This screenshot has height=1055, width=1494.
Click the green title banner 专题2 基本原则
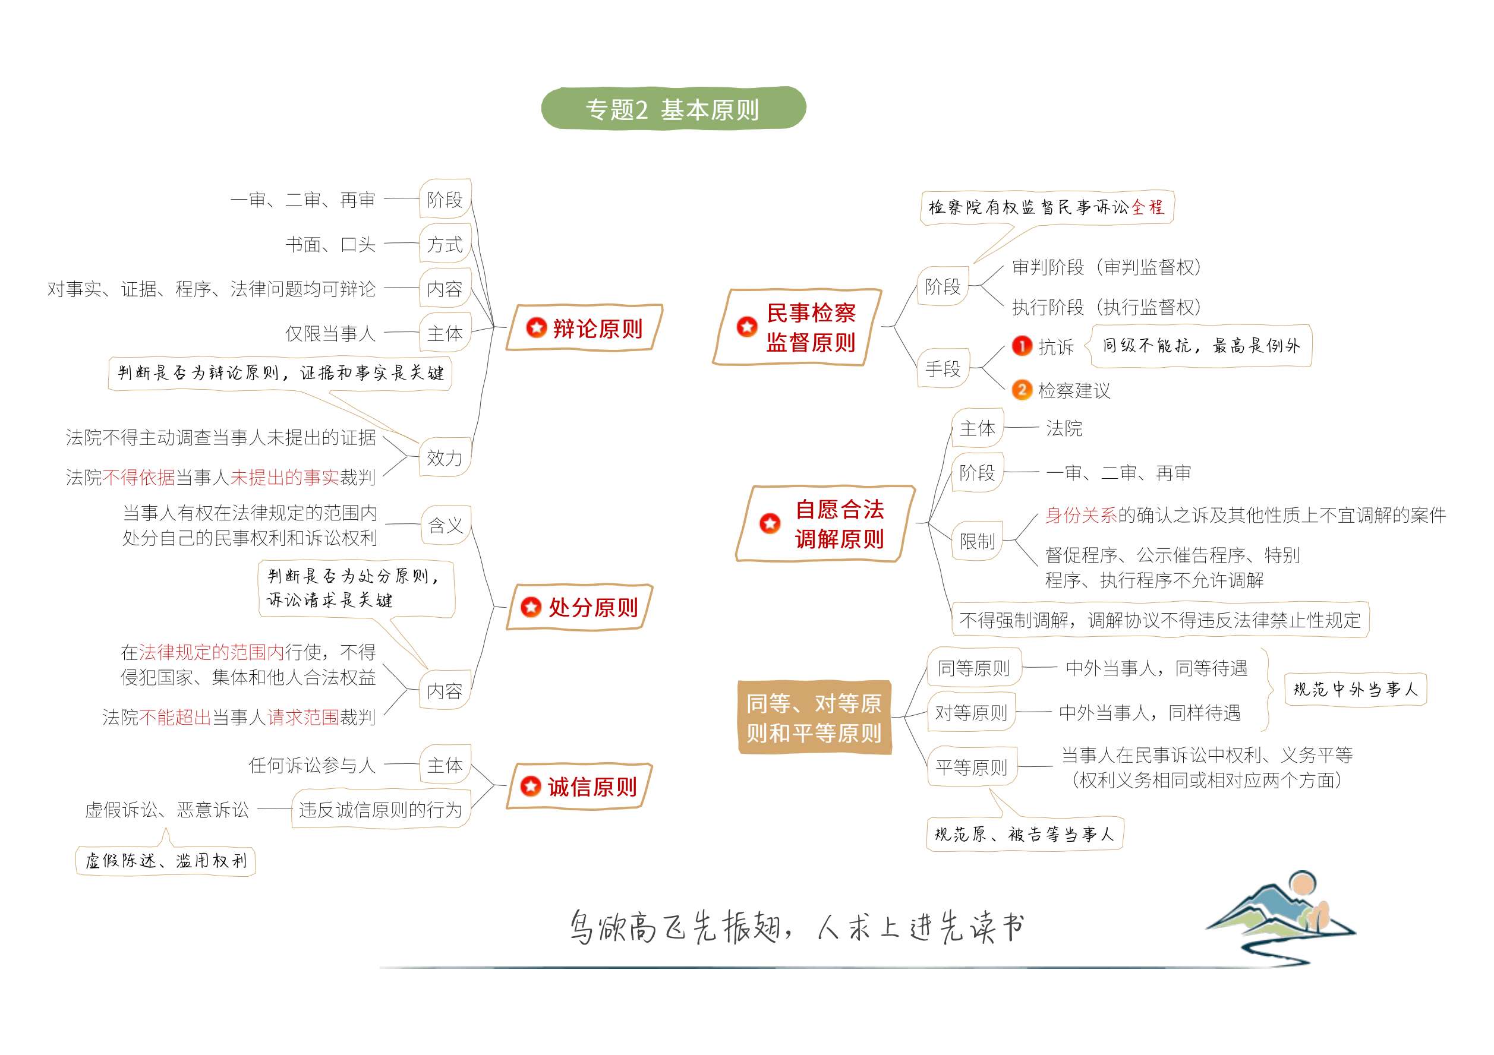coord(673,108)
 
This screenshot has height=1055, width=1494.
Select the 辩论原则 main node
coord(584,328)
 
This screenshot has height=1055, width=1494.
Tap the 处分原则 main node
coord(579,607)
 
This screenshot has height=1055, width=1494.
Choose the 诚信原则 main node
coord(579,786)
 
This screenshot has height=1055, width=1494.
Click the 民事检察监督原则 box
coord(797,327)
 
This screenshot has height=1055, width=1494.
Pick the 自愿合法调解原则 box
coord(825,523)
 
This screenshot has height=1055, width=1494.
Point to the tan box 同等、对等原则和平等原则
coord(814,718)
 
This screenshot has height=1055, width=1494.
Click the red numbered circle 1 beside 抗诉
coord(1022,345)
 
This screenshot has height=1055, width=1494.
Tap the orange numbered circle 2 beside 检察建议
coord(1022,390)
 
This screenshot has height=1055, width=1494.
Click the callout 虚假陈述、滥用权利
coord(166,861)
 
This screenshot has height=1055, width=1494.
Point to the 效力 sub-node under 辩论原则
coord(445,457)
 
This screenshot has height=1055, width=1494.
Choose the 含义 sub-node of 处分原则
coord(446,525)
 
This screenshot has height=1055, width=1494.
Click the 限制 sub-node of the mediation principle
coord(978,541)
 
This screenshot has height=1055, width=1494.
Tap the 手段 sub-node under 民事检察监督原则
coord(943,368)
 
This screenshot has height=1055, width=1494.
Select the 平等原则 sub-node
coord(972,767)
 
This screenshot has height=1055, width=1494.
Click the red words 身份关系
coord(1081,515)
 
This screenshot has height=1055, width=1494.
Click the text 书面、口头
coord(330,244)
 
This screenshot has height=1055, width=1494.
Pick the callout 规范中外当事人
coord(1356,690)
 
